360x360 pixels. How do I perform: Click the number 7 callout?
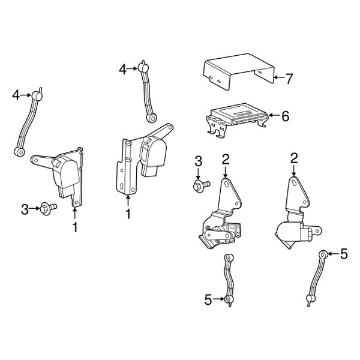[289, 78]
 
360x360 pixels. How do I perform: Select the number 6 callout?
[284, 116]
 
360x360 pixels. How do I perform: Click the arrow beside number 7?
[277, 78]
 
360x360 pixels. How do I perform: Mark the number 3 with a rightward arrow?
[25, 209]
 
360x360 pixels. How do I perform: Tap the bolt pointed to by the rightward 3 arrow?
[47, 209]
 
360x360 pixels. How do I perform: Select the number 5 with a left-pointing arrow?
[343, 254]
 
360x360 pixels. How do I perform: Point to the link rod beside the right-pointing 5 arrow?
[229, 278]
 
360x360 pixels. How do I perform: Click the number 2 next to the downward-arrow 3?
[226, 159]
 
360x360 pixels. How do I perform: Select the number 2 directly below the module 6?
[294, 158]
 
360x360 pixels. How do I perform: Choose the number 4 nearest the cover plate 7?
[122, 70]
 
